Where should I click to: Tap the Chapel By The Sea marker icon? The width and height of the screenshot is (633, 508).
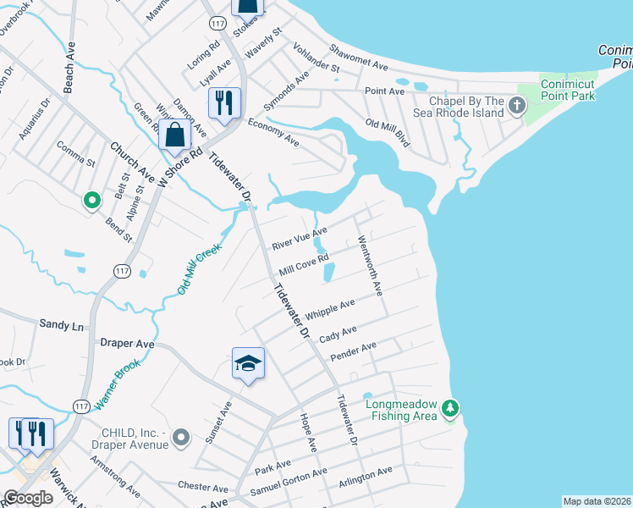[x=517, y=106]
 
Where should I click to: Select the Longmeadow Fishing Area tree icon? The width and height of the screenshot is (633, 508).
[x=451, y=409]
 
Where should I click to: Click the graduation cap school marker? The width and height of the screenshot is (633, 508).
[x=248, y=363]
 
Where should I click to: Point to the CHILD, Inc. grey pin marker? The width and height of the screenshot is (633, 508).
[x=181, y=437]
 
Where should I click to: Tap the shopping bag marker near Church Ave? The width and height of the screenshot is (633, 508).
[x=174, y=135]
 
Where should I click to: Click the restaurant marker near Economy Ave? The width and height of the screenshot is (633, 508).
[x=224, y=103]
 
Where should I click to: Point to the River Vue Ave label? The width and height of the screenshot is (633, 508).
[x=299, y=239]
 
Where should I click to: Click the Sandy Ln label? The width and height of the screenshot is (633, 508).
[x=62, y=324]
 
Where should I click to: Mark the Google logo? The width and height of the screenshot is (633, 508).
[x=28, y=498]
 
